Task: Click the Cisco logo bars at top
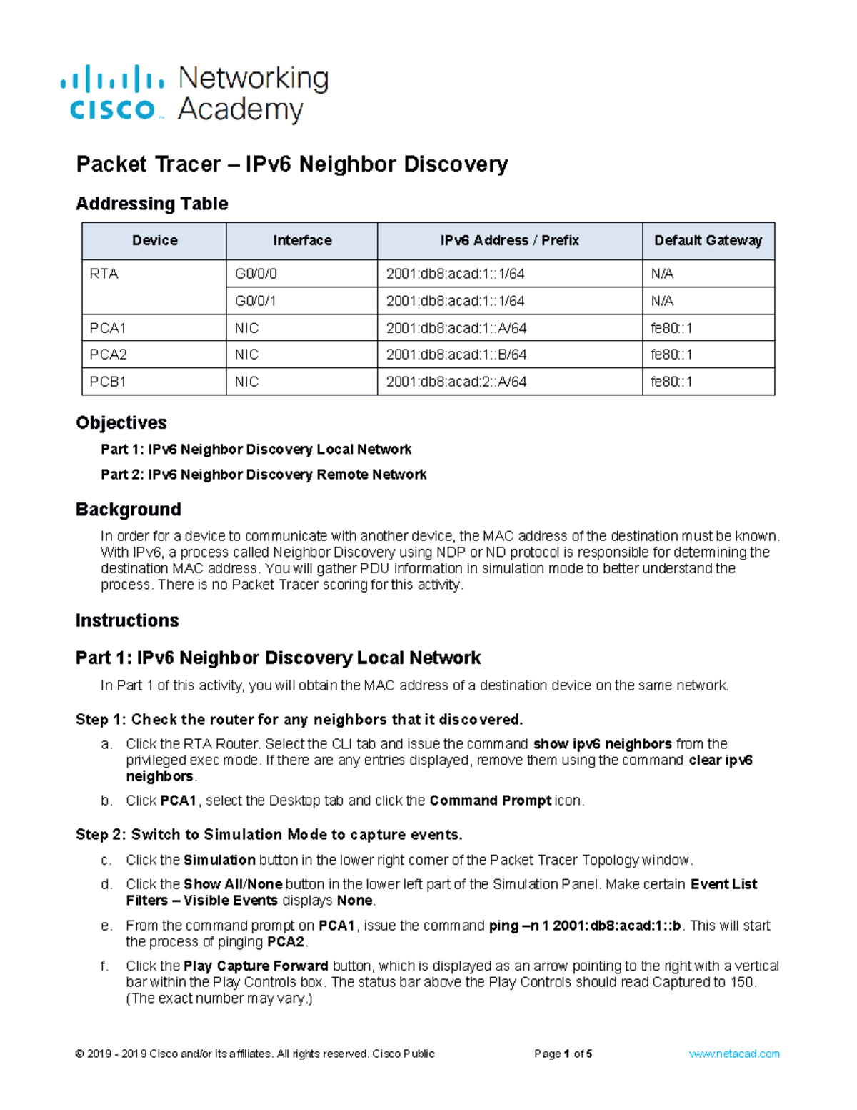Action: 112,78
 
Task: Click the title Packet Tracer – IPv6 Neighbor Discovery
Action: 291,164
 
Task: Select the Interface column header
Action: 302,241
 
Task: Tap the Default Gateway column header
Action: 708,241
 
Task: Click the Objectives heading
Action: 121,422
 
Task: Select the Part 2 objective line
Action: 264,475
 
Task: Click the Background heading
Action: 128,510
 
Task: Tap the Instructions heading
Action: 127,620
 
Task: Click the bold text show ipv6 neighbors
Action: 602,744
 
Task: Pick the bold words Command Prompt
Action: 490,801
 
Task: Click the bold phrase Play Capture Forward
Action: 256,966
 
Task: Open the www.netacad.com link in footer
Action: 733,1054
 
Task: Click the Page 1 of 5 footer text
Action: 563,1054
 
